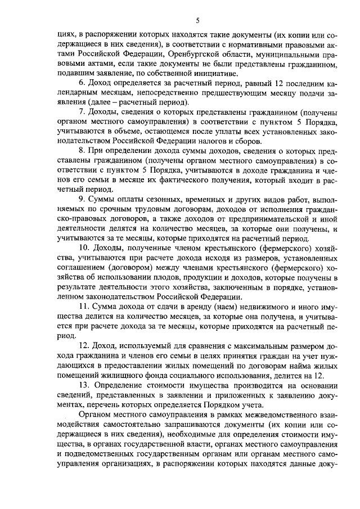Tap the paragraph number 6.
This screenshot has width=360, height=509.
click(82, 83)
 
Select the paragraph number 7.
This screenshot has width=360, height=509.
click(82, 112)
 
